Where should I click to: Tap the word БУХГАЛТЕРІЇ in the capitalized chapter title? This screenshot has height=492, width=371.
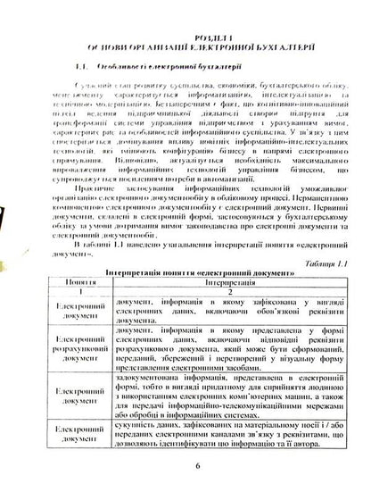click(278, 24)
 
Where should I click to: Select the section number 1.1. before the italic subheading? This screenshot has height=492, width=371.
click(83, 43)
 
